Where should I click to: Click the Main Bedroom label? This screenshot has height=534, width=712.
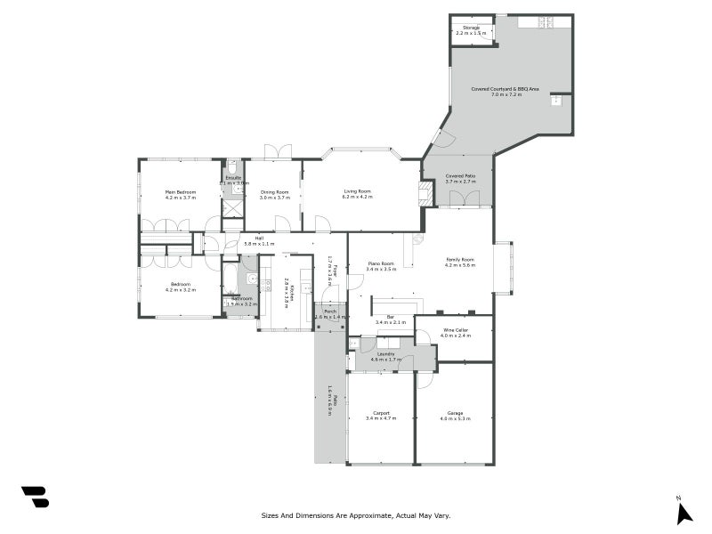[180, 192]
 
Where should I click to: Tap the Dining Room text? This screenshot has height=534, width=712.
[274, 192]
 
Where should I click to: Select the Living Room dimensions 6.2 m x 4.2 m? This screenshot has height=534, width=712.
[357, 198]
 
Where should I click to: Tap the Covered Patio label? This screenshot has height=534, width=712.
[460, 176]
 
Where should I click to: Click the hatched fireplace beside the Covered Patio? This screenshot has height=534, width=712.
[426, 193]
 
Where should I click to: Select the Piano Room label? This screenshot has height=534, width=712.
[380, 263]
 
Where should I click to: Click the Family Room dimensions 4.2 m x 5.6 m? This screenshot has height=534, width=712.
[460, 265]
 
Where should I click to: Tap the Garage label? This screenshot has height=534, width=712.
[454, 413]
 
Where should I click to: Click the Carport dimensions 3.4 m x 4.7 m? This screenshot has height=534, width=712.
[379, 418]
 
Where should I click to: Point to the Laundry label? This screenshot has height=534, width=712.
[385, 353]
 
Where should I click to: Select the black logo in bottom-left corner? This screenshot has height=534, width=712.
[35, 497]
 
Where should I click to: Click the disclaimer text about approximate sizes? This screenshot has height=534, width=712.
[356, 514]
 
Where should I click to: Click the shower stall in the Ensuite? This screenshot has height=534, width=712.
[233, 208]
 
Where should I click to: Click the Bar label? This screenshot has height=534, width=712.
[390, 317]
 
